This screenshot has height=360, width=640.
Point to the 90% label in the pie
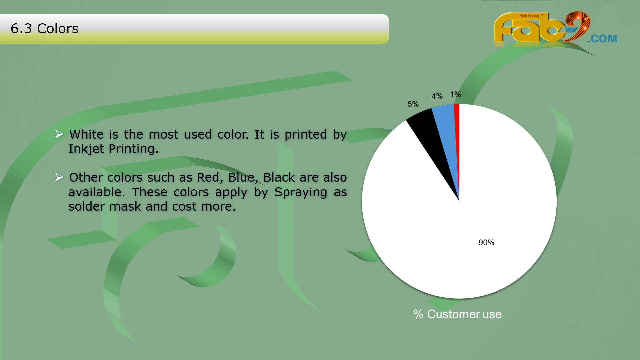[x=486, y=243]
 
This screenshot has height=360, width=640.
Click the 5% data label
[x=413, y=104]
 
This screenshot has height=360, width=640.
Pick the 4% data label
[x=437, y=96]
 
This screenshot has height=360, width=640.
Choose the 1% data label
[x=456, y=94]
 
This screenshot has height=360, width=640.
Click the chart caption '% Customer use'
[x=457, y=314]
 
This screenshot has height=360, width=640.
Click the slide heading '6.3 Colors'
[x=45, y=29]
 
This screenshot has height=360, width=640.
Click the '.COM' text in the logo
[x=602, y=39]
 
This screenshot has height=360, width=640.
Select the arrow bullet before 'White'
[x=59, y=134]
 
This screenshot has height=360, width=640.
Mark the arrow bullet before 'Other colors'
[x=59, y=177]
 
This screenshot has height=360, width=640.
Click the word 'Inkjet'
[x=86, y=149]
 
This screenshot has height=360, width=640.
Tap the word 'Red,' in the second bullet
[x=210, y=178]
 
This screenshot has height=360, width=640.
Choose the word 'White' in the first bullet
[x=86, y=134]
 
